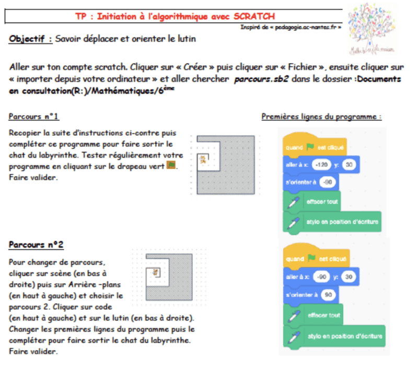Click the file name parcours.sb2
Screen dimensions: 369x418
click(259, 79)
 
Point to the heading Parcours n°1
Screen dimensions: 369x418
click(34, 116)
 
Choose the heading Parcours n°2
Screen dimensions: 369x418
click(37, 245)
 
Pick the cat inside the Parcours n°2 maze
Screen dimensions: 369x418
click(155, 272)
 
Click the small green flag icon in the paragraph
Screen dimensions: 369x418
click(170, 166)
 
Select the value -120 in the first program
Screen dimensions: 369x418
click(322, 165)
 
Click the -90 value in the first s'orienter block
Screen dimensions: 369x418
click(328, 182)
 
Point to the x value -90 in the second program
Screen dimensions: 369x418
click(322, 276)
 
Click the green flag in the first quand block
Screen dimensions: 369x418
click(309, 147)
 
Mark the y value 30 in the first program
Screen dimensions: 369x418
click(350, 165)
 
